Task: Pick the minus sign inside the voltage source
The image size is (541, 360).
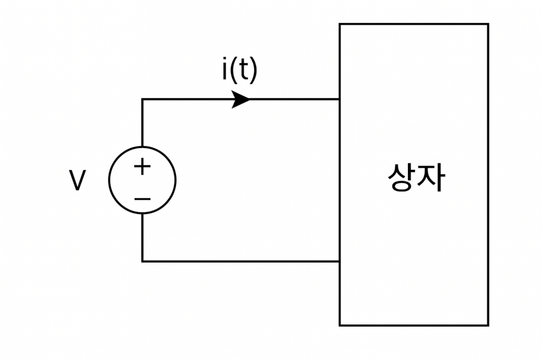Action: coord(142,199)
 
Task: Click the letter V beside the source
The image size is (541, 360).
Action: coord(77,181)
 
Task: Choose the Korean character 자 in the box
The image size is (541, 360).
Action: coord(431,177)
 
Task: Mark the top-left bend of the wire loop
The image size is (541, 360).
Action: coord(142,99)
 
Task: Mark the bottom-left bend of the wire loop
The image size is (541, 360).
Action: coord(142,261)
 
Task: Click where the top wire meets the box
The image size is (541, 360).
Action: coord(340,99)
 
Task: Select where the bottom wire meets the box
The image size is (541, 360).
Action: coord(340,261)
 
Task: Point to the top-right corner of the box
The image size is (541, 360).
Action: coord(488,24)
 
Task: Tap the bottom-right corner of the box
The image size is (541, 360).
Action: coord(488,325)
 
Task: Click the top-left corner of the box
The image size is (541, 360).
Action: coord(340,24)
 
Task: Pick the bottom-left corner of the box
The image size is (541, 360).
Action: coord(340,325)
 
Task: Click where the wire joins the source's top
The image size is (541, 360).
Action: coord(142,147)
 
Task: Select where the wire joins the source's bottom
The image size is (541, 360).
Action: coord(142,213)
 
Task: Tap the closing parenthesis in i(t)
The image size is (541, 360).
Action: coord(254,71)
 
